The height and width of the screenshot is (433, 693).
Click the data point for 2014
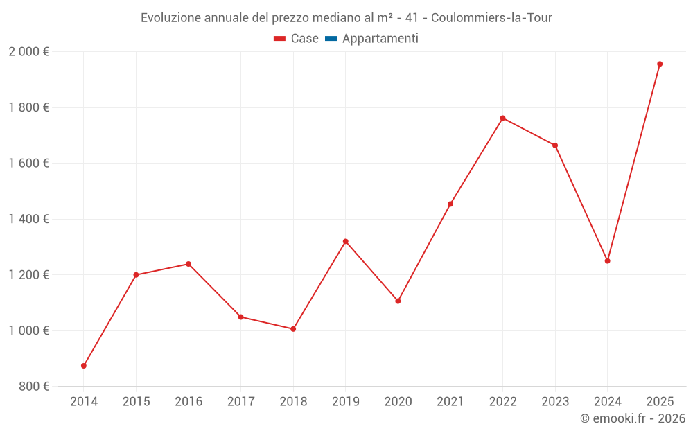tap(84, 366)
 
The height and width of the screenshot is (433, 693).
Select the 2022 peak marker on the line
tap(502, 118)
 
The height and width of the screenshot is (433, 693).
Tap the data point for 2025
tap(660, 64)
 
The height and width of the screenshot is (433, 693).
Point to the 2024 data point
tap(607, 261)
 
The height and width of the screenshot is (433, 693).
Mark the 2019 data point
tap(346, 241)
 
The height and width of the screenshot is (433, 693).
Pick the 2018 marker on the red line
tap(293, 329)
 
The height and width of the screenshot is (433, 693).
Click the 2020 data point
tap(398, 301)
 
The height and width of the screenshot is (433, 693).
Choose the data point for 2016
tap(188, 264)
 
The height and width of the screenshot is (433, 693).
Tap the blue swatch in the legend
tap(331, 39)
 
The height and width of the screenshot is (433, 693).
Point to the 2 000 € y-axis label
tap(28, 52)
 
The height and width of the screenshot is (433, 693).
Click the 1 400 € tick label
tap(28, 219)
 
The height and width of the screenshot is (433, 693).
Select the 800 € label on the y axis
tap(33, 387)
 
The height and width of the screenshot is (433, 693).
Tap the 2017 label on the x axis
tap(240, 402)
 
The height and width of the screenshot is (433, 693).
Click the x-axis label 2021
tap(450, 402)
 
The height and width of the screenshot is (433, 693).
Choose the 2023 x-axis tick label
tap(555, 402)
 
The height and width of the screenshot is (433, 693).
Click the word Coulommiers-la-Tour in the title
tap(491, 18)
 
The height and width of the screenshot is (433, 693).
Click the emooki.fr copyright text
tap(633, 418)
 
